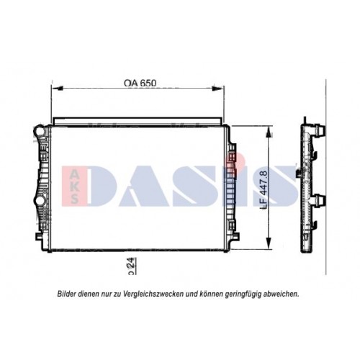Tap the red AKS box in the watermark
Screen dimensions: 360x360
click(x=75, y=184)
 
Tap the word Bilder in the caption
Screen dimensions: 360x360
click(x=69, y=294)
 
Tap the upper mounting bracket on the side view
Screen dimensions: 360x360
click(x=316, y=138)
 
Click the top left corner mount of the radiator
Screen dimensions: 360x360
click(x=40, y=131)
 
